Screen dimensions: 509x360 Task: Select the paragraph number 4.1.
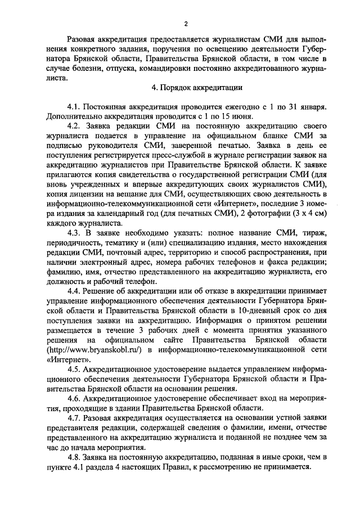(x=74, y=106)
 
